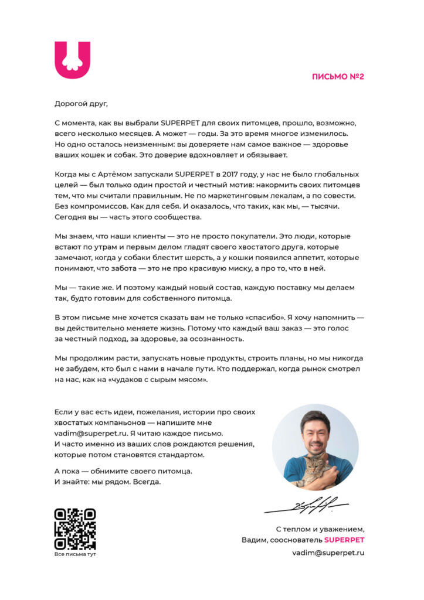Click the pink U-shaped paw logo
(73, 60)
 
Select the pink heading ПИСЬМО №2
(338, 76)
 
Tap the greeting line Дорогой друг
(82, 104)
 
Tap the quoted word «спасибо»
(268, 318)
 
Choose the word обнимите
(119, 471)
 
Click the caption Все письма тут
(74, 554)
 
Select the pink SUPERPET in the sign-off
(344, 540)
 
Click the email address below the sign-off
(328, 553)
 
